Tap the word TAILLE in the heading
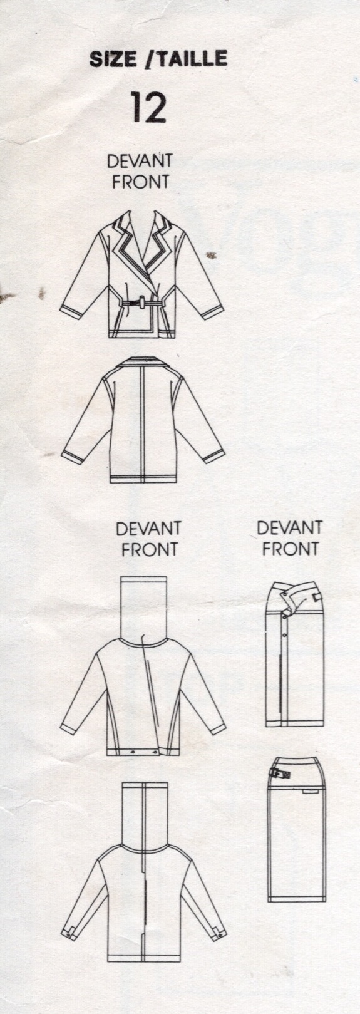pyautogui.click(x=192, y=59)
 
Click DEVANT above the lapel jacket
pyautogui.click(x=140, y=161)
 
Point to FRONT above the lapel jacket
pyautogui.click(x=140, y=182)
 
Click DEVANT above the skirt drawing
pyautogui.click(x=290, y=528)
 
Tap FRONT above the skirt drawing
pyautogui.click(x=290, y=549)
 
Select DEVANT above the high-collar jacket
pyautogui.click(x=149, y=528)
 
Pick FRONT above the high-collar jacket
pyautogui.click(x=149, y=549)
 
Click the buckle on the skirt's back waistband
pyautogui.click(x=279, y=775)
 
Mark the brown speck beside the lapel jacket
pyautogui.click(x=210, y=256)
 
